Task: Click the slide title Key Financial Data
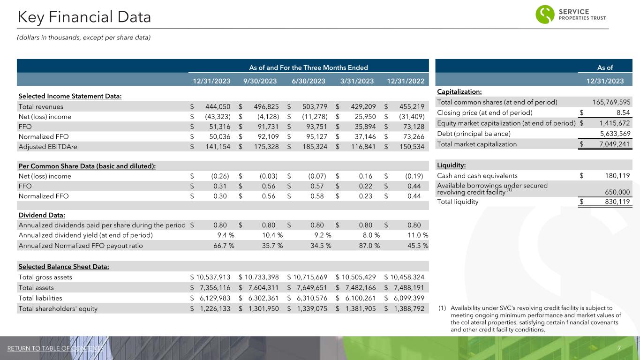[84, 17]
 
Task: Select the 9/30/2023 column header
[260, 81]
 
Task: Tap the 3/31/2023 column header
[358, 81]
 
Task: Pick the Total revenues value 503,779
[313, 106]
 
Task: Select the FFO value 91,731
[264, 127]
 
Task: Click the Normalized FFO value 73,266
[409, 137]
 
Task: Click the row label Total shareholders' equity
[58, 308]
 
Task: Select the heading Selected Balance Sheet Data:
[64, 267]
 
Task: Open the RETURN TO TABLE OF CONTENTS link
[55, 348]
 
